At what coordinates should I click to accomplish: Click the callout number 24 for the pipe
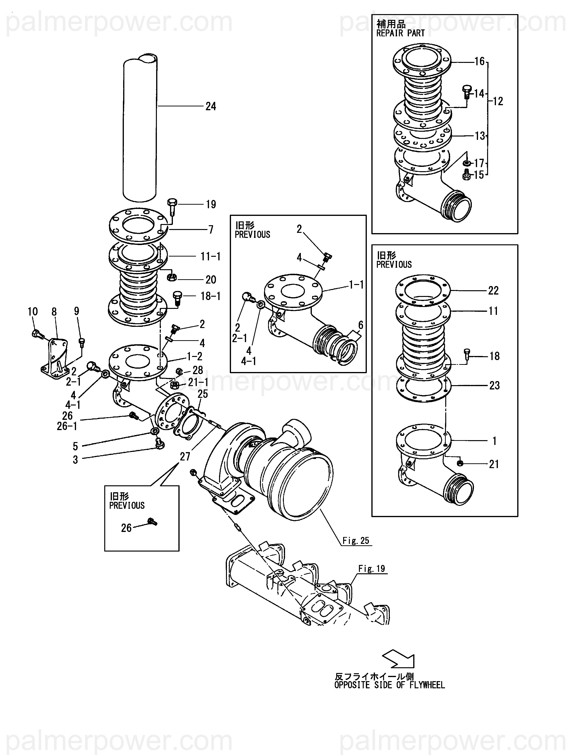coord(211,106)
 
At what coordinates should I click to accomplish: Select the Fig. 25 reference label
coord(356,540)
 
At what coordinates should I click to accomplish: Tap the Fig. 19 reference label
coord(372,568)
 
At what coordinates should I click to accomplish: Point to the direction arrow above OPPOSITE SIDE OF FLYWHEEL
coord(399,658)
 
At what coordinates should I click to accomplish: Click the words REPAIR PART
coord(400,33)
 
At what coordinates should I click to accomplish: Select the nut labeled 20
coord(171,277)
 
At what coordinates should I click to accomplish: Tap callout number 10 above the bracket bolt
coord(33,311)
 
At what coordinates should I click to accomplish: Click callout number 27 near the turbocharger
coord(185,456)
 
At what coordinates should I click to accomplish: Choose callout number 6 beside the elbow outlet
coord(361,325)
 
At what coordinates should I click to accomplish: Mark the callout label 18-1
coord(210,296)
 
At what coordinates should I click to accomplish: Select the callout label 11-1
coord(210,256)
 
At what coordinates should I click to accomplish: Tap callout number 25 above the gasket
coord(203,394)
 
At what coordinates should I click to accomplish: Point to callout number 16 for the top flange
coord(479,61)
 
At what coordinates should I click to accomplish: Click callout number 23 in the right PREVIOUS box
coord(494,385)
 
